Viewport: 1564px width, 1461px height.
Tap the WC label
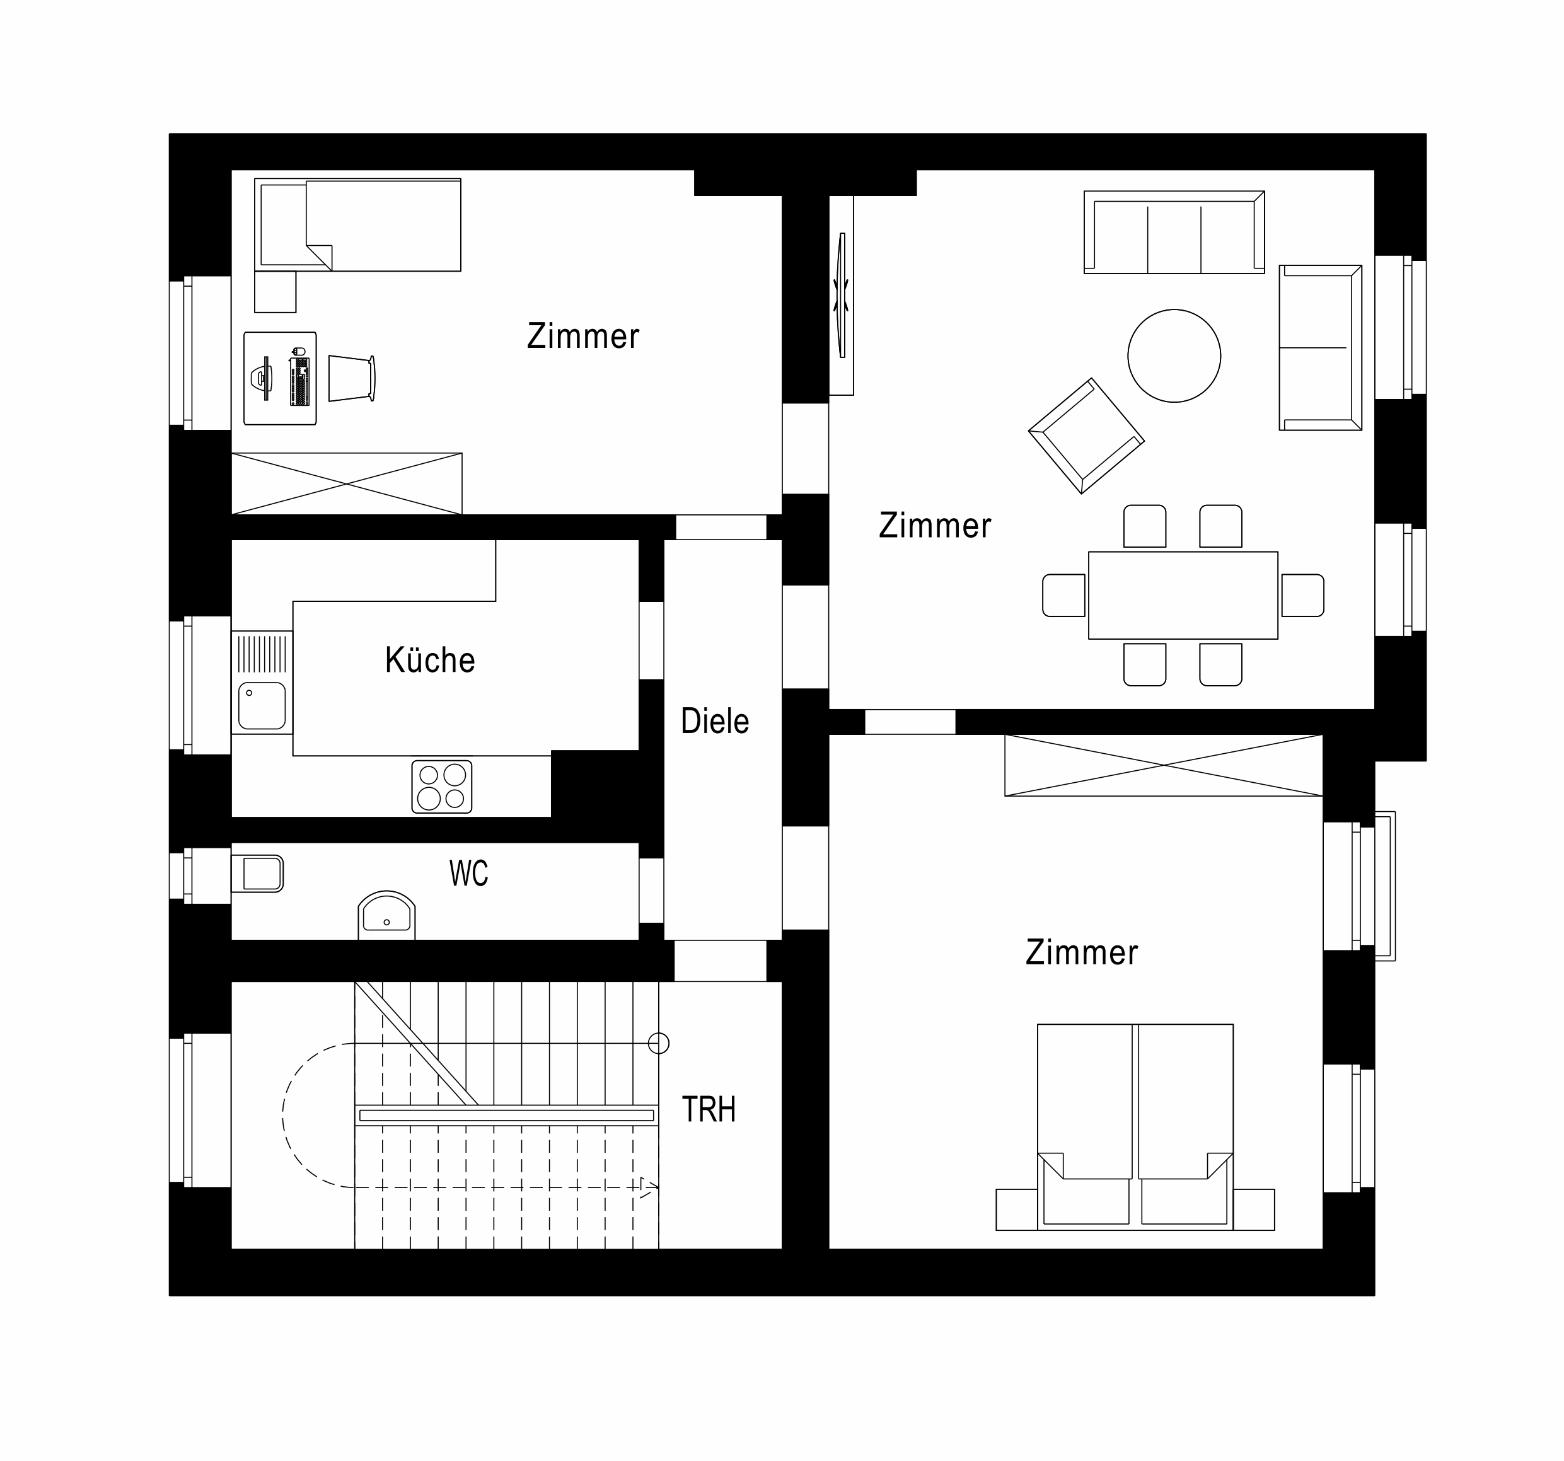(469, 874)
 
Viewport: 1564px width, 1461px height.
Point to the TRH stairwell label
(709, 1109)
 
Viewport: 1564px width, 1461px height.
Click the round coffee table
(1174, 355)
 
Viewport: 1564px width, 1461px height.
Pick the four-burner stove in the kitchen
(442, 786)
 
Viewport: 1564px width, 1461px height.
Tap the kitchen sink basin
(262, 706)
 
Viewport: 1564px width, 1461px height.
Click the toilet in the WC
(257, 874)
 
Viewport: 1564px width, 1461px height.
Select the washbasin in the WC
(386, 915)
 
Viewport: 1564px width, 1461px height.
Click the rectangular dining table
(1183, 595)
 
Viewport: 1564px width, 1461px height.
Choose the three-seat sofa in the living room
(1174, 232)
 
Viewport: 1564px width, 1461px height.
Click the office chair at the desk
(352, 378)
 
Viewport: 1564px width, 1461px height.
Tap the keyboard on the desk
(299, 381)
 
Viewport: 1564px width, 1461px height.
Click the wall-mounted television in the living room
(843, 295)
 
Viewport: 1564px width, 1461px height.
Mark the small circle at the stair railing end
(659, 1043)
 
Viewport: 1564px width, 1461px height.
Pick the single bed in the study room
(358, 225)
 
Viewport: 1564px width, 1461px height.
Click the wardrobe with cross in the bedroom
(1164, 766)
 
